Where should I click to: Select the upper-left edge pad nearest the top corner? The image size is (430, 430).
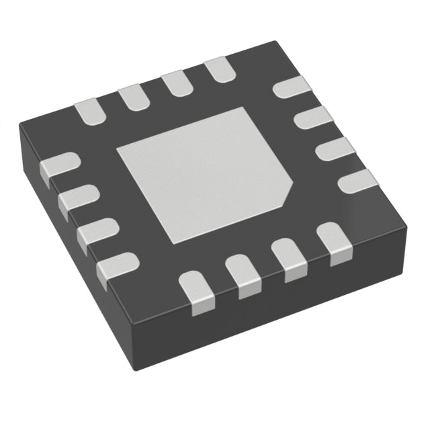click(218, 70)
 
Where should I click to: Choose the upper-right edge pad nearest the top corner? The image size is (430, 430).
click(294, 87)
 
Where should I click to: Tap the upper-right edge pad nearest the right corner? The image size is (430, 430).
click(356, 180)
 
